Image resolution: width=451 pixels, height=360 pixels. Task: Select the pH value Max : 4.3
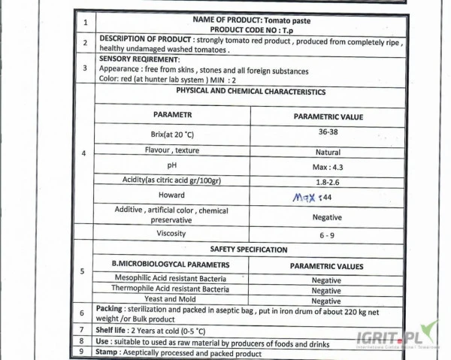(x=328, y=167)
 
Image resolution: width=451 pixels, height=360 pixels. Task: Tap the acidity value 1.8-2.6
(x=328, y=181)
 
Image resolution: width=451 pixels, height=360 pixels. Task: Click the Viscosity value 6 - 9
(x=328, y=234)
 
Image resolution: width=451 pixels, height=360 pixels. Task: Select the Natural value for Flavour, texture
(x=328, y=152)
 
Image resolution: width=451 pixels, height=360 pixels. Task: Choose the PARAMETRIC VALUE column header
(x=328, y=117)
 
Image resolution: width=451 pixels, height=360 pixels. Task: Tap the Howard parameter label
(x=172, y=195)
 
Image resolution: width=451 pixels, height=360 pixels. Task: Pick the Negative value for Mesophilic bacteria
(x=326, y=280)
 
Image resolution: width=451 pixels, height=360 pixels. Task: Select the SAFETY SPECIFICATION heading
(x=251, y=250)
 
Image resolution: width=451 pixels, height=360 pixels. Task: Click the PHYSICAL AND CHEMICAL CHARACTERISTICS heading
(x=250, y=92)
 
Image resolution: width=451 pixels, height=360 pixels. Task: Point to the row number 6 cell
(x=83, y=312)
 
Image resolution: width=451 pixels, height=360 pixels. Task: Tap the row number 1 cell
(x=84, y=23)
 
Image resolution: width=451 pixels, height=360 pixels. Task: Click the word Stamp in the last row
(x=109, y=352)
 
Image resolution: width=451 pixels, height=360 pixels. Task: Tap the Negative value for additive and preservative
(x=327, y=217)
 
